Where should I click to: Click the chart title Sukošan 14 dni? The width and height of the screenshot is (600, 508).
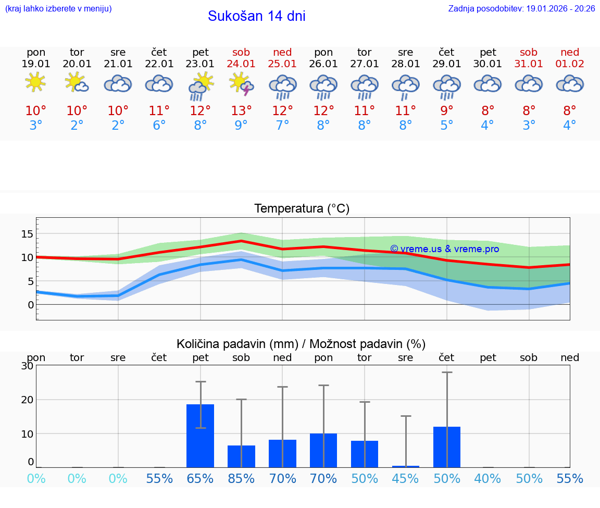[256, 16]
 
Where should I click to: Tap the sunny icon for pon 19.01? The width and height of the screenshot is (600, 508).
[35, 82]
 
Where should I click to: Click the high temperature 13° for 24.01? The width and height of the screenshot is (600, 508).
[241, 111]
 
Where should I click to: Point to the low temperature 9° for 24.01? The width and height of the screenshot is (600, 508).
[241, 126]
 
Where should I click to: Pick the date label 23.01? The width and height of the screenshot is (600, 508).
[200, 64]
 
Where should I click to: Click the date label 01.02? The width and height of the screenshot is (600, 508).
[570, 64]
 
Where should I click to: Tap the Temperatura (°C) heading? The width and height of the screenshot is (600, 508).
[302, 209]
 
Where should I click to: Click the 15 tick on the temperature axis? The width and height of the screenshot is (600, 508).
[27, 234]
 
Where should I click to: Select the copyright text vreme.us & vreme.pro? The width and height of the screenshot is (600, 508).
[444, 249]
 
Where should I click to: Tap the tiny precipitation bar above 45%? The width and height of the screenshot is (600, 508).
[405, 466]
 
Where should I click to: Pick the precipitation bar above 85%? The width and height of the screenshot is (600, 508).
[241, 456]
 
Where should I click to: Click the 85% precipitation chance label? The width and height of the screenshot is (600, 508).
[241, 479]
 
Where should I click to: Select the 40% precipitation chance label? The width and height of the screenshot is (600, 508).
[488, 479]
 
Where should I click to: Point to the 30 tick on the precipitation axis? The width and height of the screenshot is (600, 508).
[27, 366]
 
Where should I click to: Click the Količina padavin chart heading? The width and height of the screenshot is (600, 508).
[301, 344]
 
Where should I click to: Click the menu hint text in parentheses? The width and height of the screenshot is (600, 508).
[58, 9]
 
